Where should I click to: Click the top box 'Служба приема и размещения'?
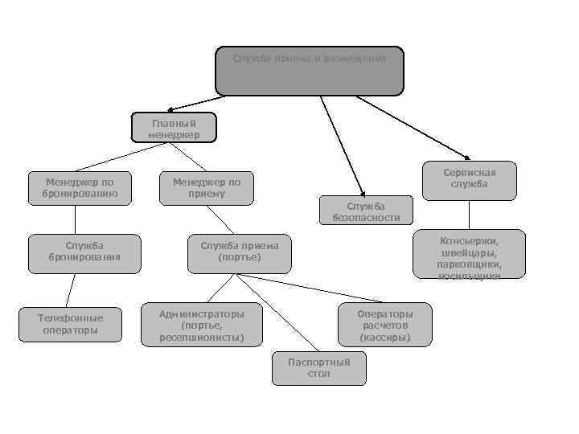310,70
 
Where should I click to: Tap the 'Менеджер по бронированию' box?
77,188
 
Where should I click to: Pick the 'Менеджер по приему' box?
207,188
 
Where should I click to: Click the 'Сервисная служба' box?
469,179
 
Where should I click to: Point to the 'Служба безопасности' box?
366,211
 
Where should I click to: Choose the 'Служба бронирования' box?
78,251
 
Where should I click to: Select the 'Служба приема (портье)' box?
239,251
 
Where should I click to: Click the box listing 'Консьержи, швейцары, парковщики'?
469,256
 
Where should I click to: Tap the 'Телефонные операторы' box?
71,324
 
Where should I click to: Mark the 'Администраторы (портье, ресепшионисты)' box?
201,324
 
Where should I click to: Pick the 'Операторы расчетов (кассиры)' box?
384,325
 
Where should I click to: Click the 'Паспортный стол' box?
318,368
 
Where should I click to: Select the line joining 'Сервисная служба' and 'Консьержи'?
469,215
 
